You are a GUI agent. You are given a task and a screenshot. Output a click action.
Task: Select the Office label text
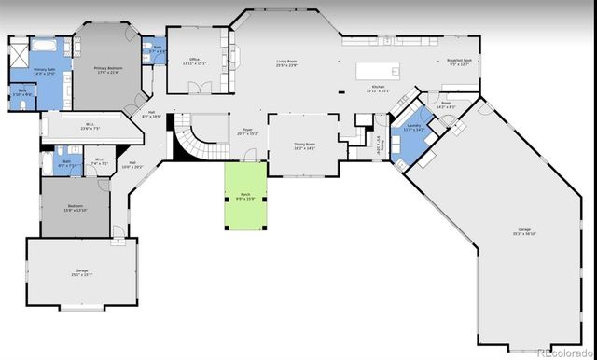(195, 62)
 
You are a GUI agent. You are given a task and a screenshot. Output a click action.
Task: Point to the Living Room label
(286, 63)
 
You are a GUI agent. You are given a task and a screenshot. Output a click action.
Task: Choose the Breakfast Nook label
(460, 62)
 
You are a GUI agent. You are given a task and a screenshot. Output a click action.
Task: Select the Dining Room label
(304, 145)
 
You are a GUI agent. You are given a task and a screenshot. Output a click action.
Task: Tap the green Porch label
(243, 197)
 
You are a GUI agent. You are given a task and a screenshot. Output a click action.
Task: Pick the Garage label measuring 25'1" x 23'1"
(81, 272)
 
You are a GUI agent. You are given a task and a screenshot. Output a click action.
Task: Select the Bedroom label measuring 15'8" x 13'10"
(76, 208)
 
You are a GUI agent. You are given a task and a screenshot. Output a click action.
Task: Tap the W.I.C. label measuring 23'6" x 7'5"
(90, 127)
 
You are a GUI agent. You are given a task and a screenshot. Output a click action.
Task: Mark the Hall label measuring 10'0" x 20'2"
(132, 165)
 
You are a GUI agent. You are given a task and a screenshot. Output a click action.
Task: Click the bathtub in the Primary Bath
(44, 44)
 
